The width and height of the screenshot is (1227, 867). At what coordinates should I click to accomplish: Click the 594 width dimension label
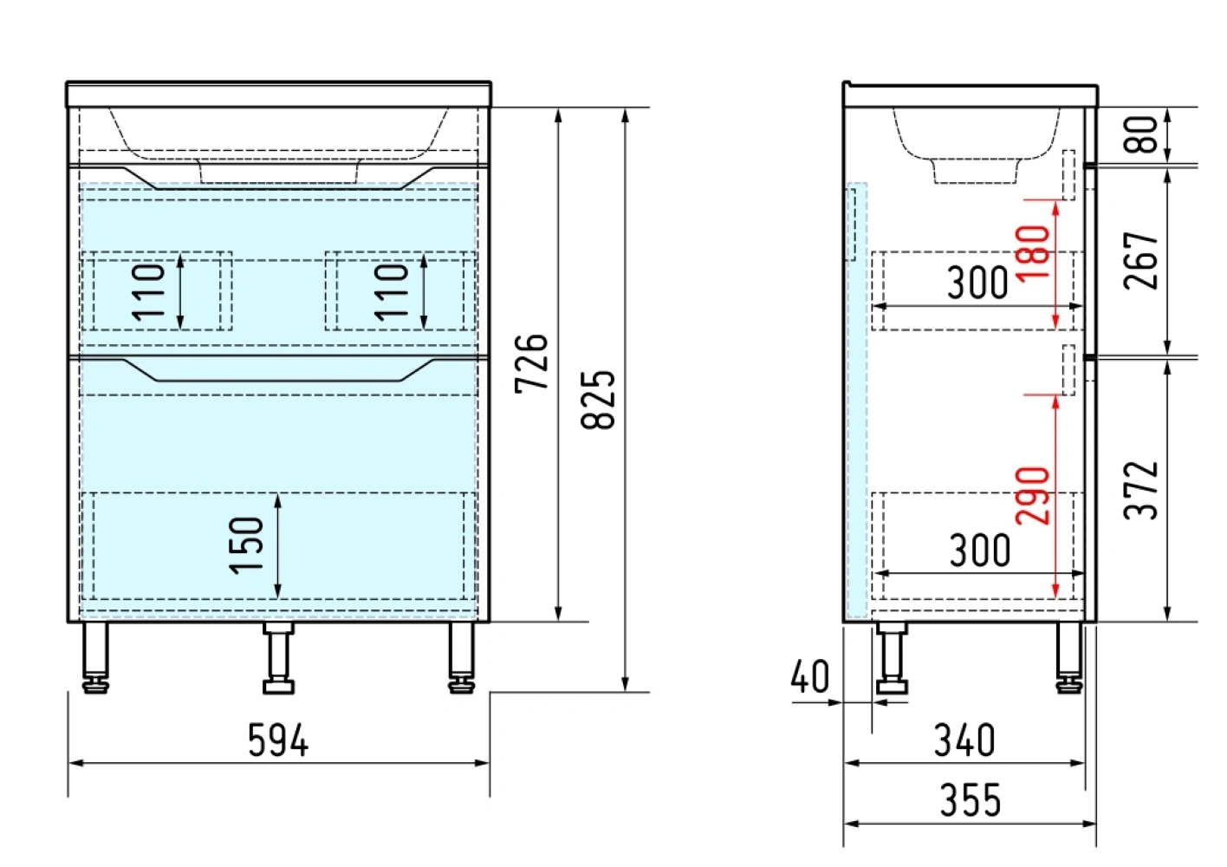(x=278, y=740)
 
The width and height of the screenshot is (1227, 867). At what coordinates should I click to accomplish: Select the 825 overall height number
(x=598, y=400)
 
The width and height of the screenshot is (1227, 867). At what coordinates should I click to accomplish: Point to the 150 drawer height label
(x=246, y=546)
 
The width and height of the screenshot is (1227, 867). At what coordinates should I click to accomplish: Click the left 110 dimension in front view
(x=148, y=291)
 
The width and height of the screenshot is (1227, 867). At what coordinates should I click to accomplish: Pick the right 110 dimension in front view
(x=391, y=291)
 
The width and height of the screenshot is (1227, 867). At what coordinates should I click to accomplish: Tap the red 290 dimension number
(x=1033, y=495)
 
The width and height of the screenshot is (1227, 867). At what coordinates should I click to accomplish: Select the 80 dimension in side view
(x=1141, y=134)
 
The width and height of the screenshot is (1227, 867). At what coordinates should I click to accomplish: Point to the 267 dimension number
(x=1141, y=261)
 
